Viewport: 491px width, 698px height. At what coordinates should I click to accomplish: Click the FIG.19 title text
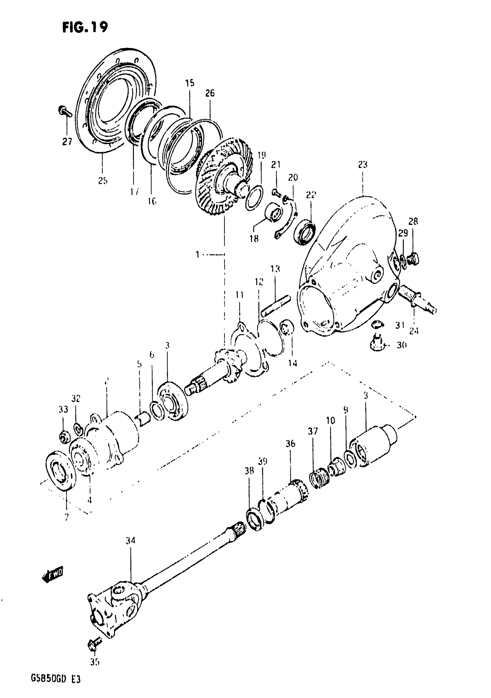tap(85, 27)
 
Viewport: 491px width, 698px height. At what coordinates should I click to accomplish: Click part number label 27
tap(67, 141)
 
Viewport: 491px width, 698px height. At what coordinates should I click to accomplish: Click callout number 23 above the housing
tap(363, 164)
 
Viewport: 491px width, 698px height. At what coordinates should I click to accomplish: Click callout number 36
tap(290, 444)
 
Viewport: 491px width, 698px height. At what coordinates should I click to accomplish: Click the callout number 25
tap(103, 181)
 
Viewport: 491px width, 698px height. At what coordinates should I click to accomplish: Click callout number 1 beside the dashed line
tap(198, 254)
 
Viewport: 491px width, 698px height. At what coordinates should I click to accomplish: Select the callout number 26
tap(210, 93)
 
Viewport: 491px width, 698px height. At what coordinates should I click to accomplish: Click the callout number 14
tap(293, 363)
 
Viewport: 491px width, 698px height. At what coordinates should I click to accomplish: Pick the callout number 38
tap(249, 471)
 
